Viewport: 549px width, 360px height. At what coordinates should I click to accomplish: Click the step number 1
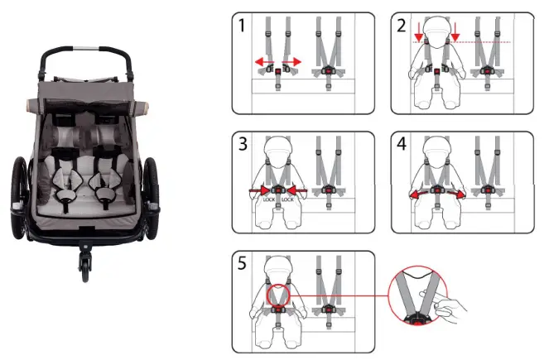tap(241, 26)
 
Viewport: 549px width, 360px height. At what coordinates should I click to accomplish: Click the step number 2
tap(401, 26)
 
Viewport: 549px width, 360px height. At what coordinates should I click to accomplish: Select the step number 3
tap(241, 146)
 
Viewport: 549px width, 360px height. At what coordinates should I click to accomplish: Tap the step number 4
tap(401, 146)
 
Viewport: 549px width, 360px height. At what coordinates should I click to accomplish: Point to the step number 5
tap(241, 264)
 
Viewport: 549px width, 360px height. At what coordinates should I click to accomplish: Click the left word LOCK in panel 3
tap(269, 200)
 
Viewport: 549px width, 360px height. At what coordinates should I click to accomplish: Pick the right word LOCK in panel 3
tap(287, 200)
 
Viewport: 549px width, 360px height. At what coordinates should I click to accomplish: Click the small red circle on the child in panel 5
tap(277, 295)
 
